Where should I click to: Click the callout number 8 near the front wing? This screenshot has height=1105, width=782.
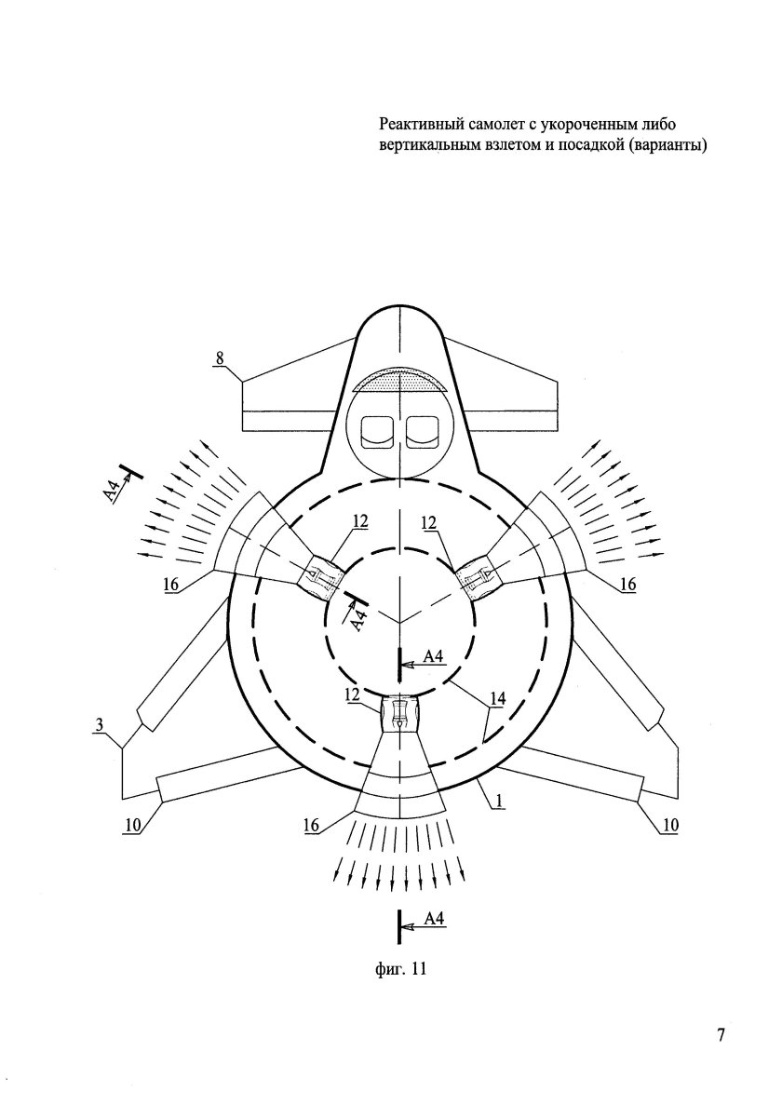pyautogui.click(x=220, y=358)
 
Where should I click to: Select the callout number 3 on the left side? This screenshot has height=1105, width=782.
pyautogui.click(x=100, y=725)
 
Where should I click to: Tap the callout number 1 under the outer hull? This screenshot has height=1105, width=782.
pyautogui.click(x=499, y=801)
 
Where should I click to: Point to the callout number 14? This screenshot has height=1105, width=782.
pyautogui.click(x=497, y=699)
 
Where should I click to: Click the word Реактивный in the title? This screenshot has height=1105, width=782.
pyautogui.click(x=419, y=126)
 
